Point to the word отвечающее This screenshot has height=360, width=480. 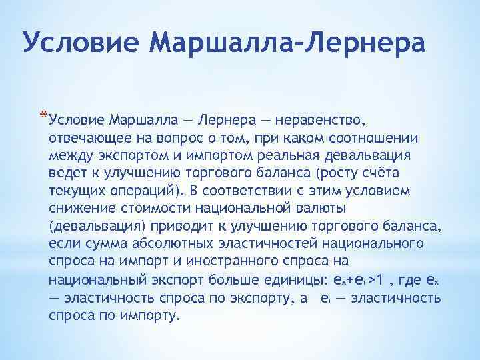click(x=87, y=138)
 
